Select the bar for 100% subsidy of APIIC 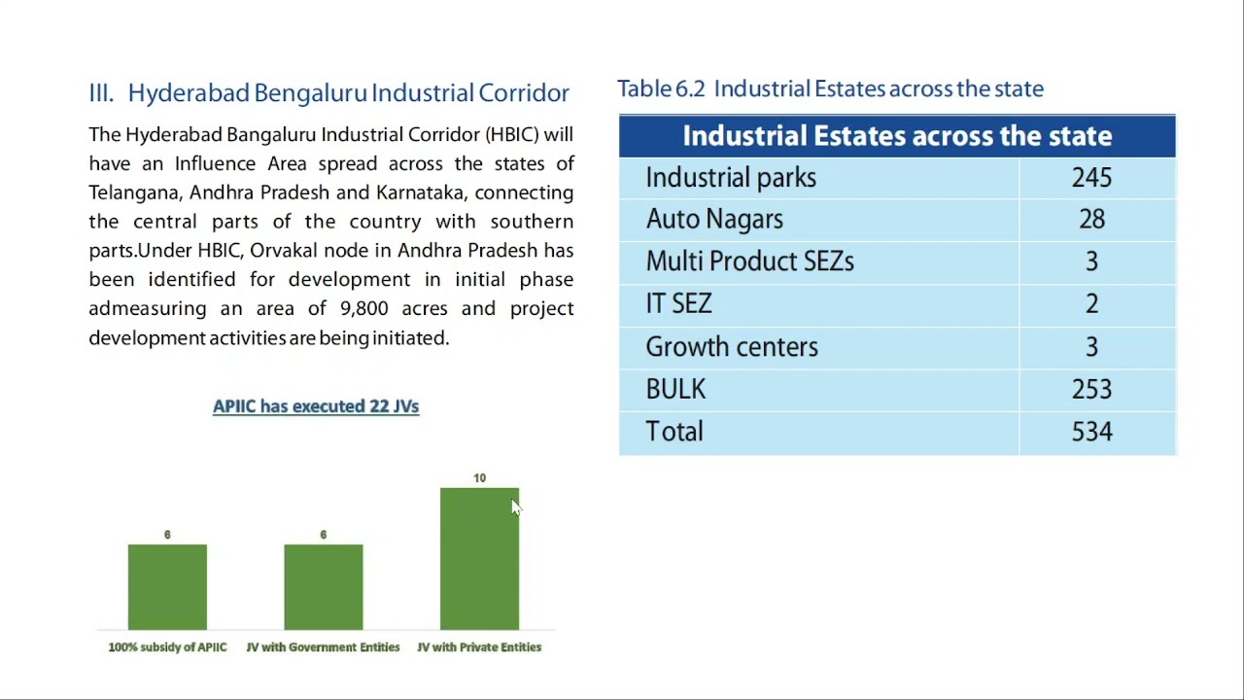[167, 587]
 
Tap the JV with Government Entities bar [324, 587]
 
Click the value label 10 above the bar [479, 478]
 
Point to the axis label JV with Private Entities [479, 647]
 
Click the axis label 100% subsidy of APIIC [167, 647]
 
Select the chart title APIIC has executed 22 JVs [316, 406]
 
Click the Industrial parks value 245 [1091, 178]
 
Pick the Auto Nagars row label [714, 220]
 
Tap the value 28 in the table [1091, 220]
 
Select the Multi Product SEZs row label [749, 262]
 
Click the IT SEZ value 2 [1091, 304]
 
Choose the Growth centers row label [731, 347]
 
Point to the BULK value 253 [1091, 390]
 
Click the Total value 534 [1091, 432]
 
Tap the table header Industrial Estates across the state [896, 136]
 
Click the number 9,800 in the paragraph [363, 309]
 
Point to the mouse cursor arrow [515, 507]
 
